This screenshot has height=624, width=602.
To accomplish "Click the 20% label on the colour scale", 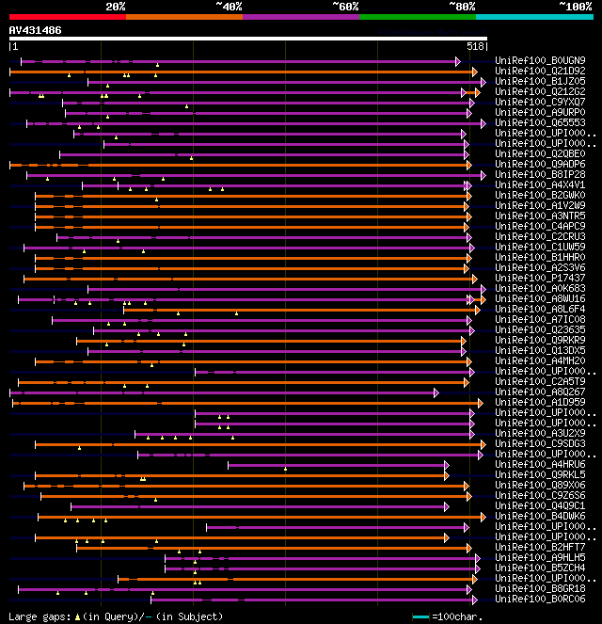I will [116, 7].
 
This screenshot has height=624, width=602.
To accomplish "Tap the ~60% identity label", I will [345, 7].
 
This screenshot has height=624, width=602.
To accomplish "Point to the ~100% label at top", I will [574, 7].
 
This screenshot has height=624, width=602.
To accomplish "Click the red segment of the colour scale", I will [67, 16].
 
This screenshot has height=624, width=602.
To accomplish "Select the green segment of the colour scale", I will [417, 16].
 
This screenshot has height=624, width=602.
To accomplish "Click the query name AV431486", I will [36, 30].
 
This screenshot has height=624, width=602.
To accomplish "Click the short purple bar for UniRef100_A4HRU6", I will [338, 464].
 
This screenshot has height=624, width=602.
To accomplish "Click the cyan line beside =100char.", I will [421, 616].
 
